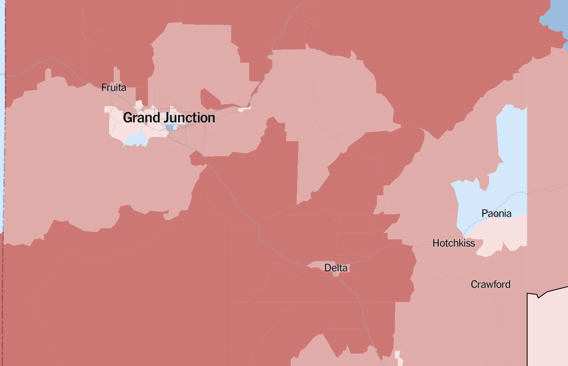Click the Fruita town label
114,88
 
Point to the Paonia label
496,213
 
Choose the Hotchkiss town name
454,243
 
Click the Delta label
336,268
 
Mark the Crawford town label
490,284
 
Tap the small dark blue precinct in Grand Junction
171,127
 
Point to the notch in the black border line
538,296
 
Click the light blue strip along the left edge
2,128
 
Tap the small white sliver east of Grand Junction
244,109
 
